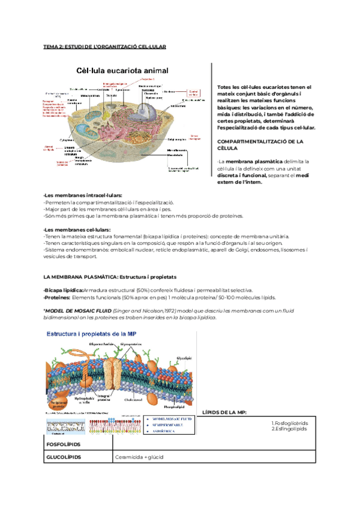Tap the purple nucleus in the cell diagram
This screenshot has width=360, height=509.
pos(146,109)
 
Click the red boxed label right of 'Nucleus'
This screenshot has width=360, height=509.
pos(193,93)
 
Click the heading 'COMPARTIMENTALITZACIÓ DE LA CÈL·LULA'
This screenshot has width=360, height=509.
pos(260,144)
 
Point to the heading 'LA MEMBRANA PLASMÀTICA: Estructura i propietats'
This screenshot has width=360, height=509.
pos(110,277)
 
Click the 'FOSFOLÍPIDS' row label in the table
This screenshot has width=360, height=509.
pos(63,445)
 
